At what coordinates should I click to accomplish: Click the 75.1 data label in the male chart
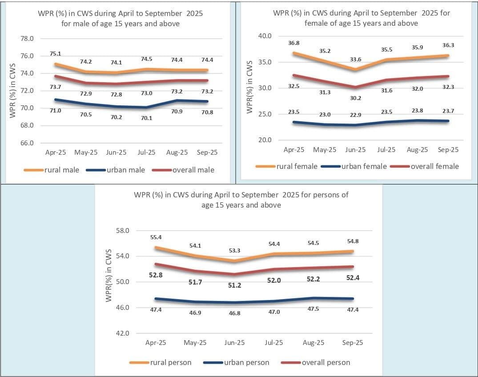pyautogui.click(x=55, y=54)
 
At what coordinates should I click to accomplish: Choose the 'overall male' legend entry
pyautogui.click(x=194, y=170)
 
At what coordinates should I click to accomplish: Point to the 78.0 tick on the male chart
pyautogui.click(x=27, y=39)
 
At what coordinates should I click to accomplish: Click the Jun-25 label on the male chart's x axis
pyautogui.click(x=116, y=152)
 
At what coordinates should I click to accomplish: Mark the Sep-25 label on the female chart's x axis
pyautogui.click(x=448, y=150)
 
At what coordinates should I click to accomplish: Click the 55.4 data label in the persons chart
pyautogui.click(x=156, y=238)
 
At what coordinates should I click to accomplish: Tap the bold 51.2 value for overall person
pyautogui.click(x=234, y=285)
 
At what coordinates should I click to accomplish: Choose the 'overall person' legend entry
pyautogui.click(x=326, y=362)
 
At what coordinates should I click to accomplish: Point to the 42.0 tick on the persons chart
pyautogui.click(x=122, y=333)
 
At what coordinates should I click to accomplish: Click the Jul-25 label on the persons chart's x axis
pyautogui.click(x=274, y=343)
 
